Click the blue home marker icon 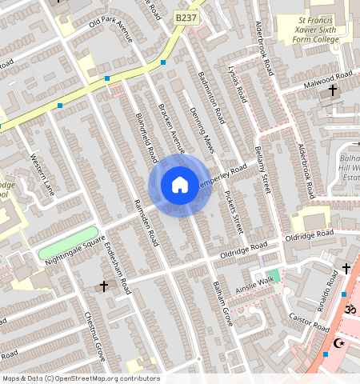coord(180,186)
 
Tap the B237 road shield coord(186,17)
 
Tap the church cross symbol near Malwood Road coord(333,90)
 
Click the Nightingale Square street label coord(75,250)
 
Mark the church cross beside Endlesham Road coord(103,286)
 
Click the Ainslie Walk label coord(257,282)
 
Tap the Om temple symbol coord(349,308)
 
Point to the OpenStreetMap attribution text coord(81,378)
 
